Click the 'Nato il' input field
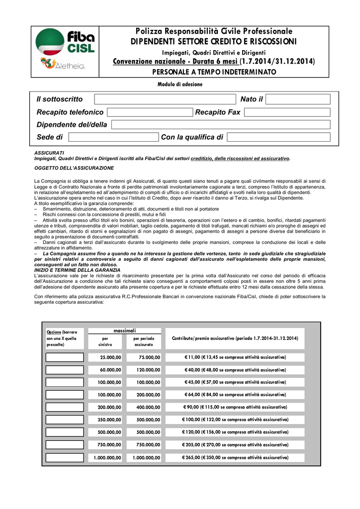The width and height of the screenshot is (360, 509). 298,99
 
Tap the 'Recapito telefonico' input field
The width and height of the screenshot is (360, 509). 150,112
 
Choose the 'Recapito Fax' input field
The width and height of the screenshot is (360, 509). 287,112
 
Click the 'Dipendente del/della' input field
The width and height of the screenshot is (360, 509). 220,125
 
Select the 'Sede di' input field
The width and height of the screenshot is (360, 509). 113,137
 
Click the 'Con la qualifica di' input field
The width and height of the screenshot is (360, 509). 278,137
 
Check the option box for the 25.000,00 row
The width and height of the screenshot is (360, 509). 65,357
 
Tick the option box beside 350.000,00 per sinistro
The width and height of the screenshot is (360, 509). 65,420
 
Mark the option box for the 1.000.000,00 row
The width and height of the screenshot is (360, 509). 65,457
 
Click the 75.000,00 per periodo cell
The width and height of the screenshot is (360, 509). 144,357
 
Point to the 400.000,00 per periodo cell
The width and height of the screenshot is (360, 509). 144,407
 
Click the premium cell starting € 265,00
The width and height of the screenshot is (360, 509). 235,457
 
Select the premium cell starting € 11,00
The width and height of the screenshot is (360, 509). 235,357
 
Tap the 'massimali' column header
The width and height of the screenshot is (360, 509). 124,331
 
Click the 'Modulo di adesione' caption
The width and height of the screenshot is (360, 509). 180,85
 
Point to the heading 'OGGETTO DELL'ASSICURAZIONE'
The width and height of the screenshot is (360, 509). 74,168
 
